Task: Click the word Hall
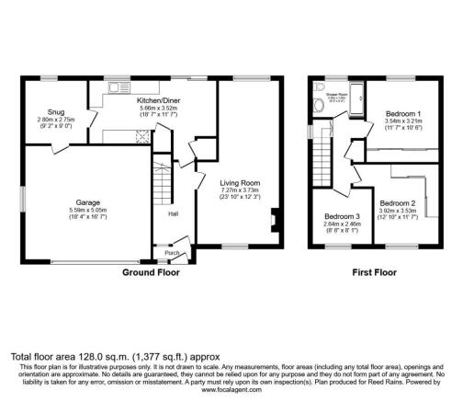pyautogui.click(x=173, y=213)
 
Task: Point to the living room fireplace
pyautogui.click(x=273, y=219)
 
